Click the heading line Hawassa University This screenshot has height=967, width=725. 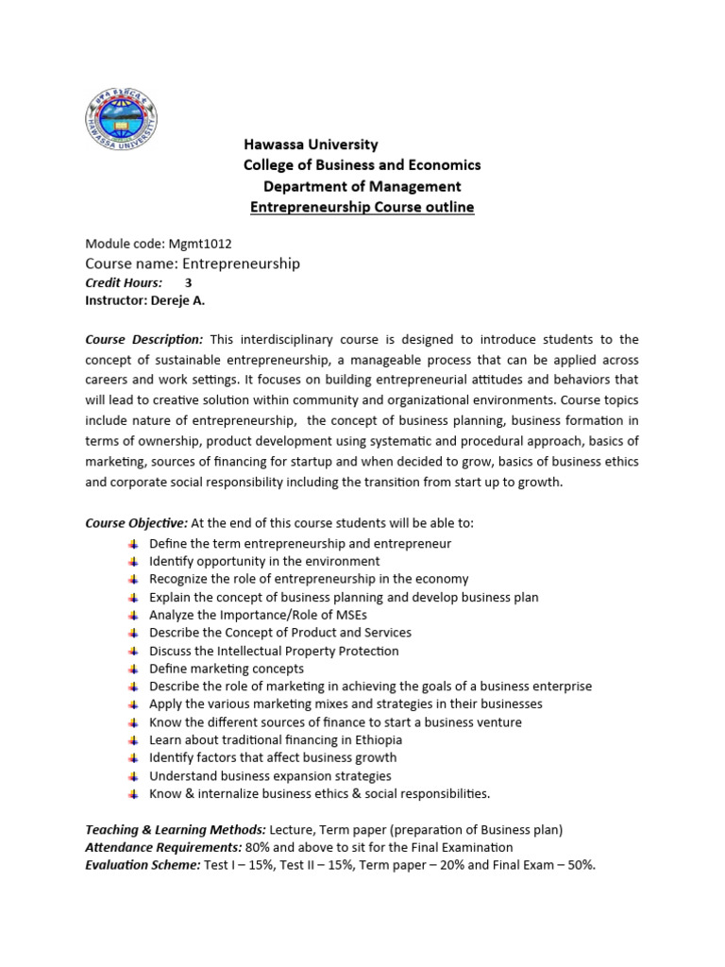tap(311, 144)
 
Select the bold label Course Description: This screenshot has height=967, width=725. tap(143, 339)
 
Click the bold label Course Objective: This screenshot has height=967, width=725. tap(137, 522)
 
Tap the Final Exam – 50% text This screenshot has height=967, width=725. tap(548, 865)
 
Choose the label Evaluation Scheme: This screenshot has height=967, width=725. tap(142, 865)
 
